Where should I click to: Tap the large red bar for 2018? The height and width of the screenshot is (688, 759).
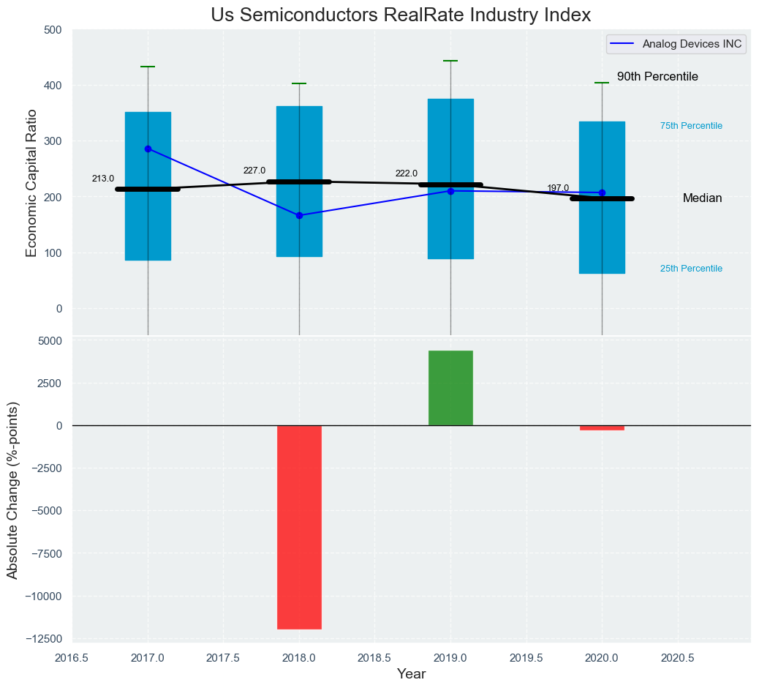(299, 527)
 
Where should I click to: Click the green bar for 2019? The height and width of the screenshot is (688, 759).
(450, 388)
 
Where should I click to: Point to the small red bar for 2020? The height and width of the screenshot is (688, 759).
(602, 428)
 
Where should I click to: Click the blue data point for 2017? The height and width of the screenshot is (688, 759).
(148, 149)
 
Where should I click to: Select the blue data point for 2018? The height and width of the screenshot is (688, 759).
(299, 216)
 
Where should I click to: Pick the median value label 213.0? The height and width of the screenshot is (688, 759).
(103, 179)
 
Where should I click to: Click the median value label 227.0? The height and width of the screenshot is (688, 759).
(254, 171)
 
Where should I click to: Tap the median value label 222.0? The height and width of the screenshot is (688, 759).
(406, 173)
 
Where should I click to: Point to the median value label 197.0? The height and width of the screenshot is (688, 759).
(558, 188)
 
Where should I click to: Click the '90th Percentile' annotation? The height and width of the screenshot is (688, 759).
(657, 77)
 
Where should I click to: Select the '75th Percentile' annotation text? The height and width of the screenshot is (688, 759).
(691, 126)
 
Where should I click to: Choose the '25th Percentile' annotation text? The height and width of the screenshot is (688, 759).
(691, 269)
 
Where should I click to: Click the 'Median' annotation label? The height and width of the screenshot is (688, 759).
(702, 198)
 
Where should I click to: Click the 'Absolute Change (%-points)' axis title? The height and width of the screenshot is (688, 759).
(12, 490)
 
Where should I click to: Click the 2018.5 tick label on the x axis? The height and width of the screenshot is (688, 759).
(374, 658)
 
